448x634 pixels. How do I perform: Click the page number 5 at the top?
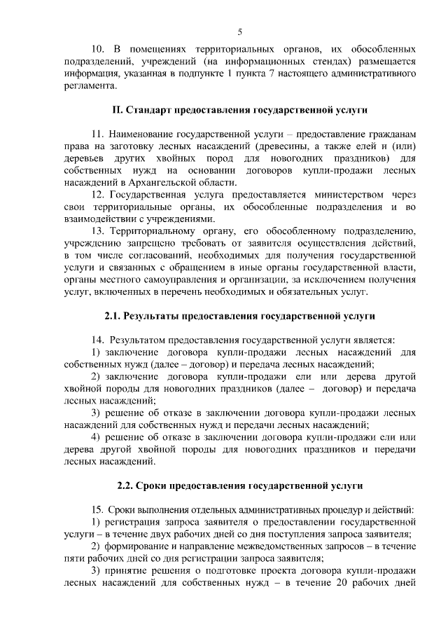(240, 32)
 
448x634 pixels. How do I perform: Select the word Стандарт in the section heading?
(150, 110)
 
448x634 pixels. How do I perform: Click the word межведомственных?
(276, 546)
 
